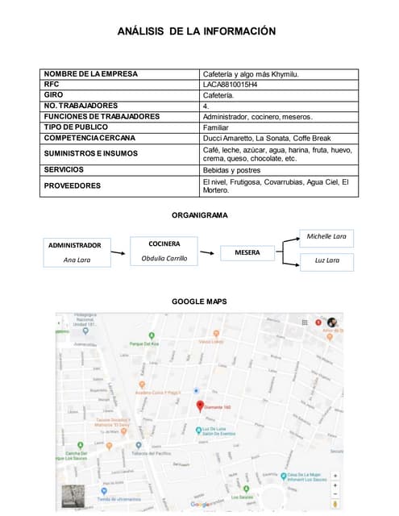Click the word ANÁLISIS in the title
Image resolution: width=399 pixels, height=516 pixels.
(140, 31)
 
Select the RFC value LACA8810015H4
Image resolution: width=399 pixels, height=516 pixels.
(230, 84)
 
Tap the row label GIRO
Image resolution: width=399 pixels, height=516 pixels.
(54, 94)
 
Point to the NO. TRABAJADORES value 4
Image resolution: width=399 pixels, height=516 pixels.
(206, 106)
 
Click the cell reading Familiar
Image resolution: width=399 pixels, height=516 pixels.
(216, 127)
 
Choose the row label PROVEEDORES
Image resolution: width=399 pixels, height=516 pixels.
(73, 185)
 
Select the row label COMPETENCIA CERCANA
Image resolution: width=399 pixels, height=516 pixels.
(89, 138)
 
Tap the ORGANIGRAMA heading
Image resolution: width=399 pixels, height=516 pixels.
(199, 215)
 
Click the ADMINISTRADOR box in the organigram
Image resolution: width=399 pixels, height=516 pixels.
(75, 252)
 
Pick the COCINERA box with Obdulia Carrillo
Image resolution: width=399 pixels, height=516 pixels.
(164, 250)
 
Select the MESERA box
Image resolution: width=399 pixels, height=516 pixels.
(247, 252)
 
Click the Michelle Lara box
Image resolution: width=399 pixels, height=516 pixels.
(326, 236)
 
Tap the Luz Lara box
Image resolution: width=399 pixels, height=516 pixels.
(326, 260)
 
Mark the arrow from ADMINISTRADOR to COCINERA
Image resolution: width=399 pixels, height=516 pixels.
(118, 252)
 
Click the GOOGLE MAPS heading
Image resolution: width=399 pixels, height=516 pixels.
(199, 302)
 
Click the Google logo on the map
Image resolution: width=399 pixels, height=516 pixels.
(199, 504)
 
